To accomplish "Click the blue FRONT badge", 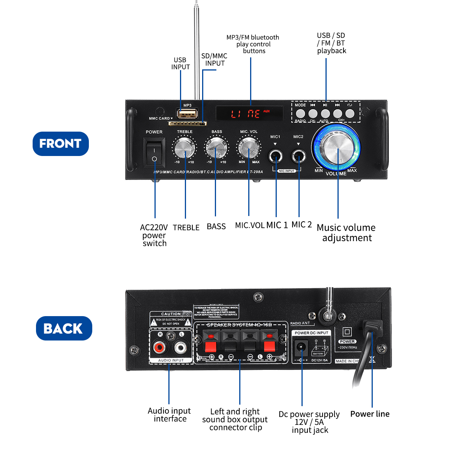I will pos(60,144).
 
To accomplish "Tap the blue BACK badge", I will pos(64,328).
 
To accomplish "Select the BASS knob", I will pos(216,147).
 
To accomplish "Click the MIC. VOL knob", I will pos(249,147).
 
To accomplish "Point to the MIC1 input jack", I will pos(276,156).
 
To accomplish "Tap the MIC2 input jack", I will pos(298,156).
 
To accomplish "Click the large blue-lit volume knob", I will pos(337,147).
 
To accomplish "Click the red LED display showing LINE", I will pos(249,113).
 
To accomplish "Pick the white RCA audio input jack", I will pos(180,348).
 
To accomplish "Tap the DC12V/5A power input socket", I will pos(301,347).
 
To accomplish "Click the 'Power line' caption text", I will pos(370,414).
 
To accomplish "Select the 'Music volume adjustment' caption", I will pos(346,232).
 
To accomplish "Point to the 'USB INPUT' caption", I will pos(180,63).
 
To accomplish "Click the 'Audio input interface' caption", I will pos(169,415).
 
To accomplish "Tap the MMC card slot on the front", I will pos(187,123).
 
